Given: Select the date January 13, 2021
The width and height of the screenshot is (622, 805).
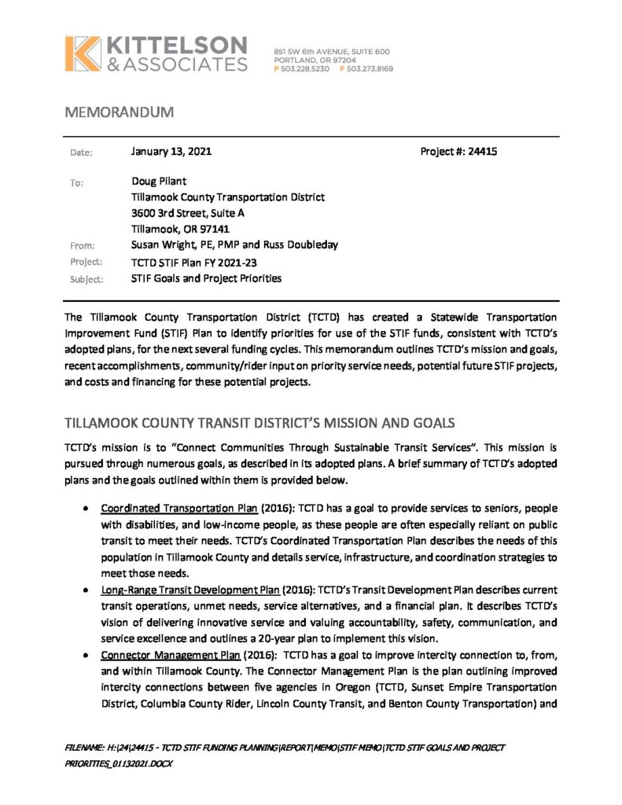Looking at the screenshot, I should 171,151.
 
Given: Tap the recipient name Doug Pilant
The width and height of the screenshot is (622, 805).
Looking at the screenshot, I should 160,182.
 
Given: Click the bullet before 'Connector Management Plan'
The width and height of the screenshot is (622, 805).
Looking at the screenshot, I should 84,655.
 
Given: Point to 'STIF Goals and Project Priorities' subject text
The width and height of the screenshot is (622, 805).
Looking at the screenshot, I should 206,278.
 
